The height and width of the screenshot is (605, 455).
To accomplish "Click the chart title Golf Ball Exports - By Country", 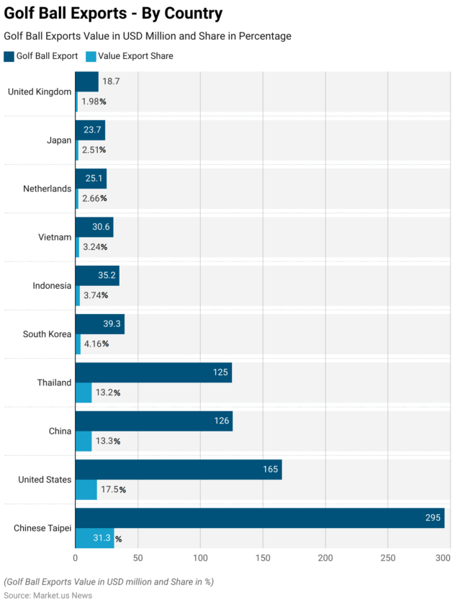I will (113, 14).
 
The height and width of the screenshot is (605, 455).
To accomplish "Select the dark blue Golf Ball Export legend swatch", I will (9, 55).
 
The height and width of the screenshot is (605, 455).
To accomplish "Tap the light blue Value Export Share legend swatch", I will (91, 55).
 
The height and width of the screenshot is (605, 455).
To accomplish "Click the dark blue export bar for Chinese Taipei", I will (260, 518).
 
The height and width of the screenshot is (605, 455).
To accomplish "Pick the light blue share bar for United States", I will (86, 490).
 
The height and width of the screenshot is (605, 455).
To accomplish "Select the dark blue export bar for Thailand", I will (153, 372).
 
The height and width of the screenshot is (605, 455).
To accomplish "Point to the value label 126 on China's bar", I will (220, 421).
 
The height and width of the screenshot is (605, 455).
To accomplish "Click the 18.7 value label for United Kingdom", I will (111, 81).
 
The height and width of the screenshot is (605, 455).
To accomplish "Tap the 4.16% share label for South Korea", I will (95, 344).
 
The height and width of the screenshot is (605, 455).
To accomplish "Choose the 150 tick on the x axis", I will (263, 558).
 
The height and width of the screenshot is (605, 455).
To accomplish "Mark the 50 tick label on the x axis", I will (138, 558).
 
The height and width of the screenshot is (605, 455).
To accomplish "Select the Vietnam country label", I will (55, 237).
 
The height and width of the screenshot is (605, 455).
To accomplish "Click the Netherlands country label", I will (48, 189).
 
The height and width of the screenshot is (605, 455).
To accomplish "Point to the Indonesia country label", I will (52, 286).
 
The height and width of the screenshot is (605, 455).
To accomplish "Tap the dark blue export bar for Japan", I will (90, 130).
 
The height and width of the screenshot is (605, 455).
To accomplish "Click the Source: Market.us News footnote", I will (48, 595).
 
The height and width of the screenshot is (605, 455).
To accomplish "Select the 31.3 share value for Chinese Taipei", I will (101, 538).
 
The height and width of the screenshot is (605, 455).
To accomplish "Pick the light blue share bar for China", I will (84, 441).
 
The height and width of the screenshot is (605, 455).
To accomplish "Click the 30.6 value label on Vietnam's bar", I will (102, 227).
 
